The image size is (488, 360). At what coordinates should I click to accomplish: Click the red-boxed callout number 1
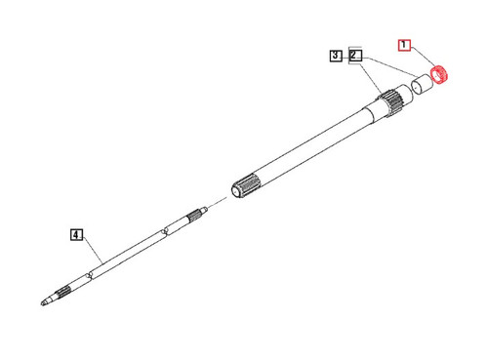point(404,45)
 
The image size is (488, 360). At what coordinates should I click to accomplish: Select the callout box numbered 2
point(354,57)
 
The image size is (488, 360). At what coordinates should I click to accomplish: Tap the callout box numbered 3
point(336,57)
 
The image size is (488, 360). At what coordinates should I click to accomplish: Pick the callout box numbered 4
point(75,234)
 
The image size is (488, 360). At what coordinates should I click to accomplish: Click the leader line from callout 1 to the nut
point(423,60)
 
